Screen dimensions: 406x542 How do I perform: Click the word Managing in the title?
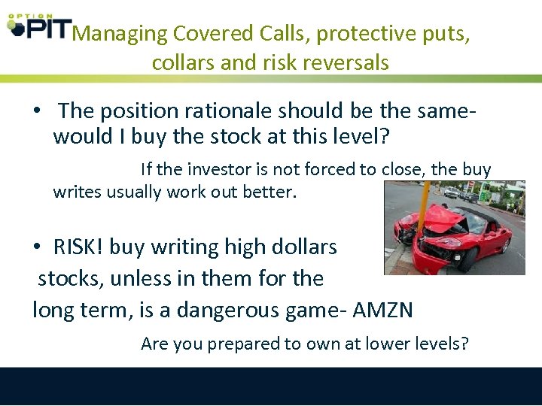point(120,34)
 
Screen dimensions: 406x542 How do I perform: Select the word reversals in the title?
point(347,62)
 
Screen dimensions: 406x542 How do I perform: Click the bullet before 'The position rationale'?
point(36,111)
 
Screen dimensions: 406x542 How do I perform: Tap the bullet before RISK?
point(36,247)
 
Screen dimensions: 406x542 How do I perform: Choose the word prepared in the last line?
point(242,344)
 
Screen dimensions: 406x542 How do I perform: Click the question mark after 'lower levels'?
point(465,344)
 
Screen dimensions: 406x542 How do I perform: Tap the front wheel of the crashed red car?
point(470,258)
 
